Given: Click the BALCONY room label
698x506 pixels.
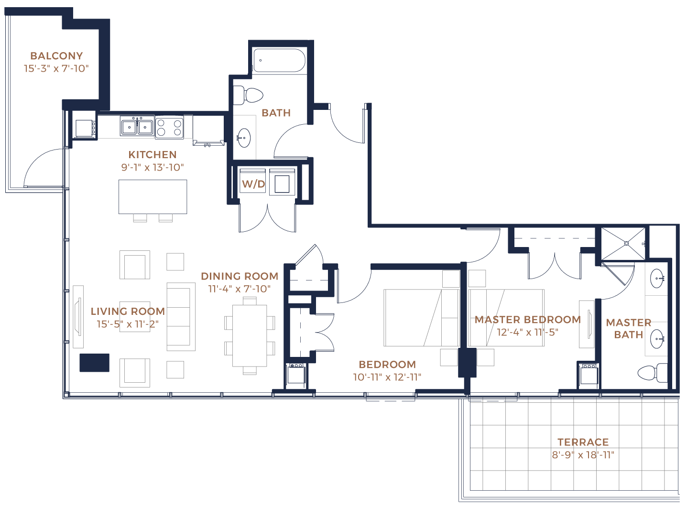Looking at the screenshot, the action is [56, 56].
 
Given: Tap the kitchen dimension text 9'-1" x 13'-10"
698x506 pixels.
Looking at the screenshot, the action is [153, 168].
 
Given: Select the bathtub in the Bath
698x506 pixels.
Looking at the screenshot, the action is [279, 60].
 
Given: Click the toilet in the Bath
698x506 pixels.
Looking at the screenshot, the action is [248, 95].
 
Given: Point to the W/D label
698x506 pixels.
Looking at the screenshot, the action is [253, 184].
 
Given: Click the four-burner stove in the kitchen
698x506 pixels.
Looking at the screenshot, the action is [169, 128].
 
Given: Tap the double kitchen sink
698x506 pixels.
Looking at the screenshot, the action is [137, 127].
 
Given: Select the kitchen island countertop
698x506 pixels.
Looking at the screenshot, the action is [153, 197].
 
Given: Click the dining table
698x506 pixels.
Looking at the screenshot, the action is [250, 336].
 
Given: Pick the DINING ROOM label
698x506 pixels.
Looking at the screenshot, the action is [240, 276].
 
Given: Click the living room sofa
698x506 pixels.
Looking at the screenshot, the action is [181, 317].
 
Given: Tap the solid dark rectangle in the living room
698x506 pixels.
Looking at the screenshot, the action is [94, 363].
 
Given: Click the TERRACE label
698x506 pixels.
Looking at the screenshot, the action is [583, 442].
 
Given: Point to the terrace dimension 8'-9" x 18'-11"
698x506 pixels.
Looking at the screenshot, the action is [583, 455].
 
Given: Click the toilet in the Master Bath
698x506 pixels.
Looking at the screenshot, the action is [653, 373].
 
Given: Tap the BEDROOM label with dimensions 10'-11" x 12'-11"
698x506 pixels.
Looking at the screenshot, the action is [387, 364].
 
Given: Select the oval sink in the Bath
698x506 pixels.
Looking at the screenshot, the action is [244, 138].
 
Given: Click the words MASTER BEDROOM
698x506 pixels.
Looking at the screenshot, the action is [528, 320].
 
